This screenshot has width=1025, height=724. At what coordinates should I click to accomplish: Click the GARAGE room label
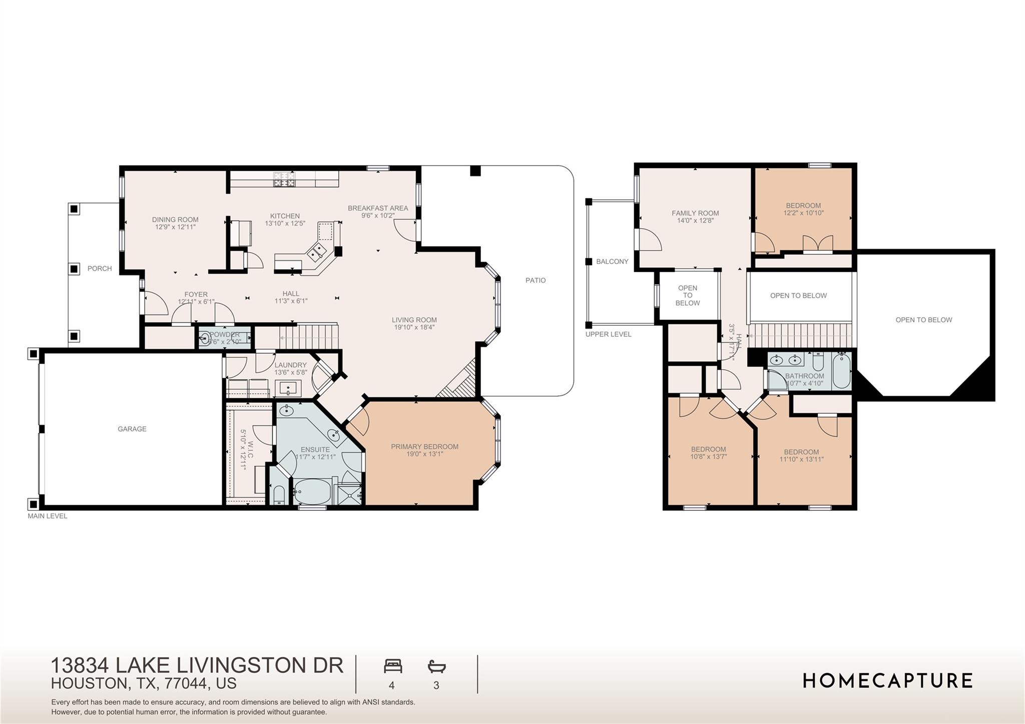[132, 429]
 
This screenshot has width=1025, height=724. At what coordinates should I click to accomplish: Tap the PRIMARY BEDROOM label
[424, 447]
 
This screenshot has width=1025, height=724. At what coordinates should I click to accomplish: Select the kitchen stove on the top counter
[284, 179]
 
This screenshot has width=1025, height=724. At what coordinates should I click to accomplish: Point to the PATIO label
[535, 280]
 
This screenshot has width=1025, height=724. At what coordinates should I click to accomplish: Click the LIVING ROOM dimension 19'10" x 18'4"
[414, 328]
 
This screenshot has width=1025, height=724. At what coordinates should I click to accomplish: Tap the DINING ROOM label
[175, 220]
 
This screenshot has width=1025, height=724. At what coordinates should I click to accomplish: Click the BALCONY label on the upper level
[612, 262]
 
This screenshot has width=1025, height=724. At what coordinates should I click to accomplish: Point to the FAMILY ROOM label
[695, 213]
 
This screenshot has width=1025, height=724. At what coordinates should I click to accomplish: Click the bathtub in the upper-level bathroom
[841, 371]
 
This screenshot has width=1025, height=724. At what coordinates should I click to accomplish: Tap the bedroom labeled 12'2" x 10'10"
[803, 209]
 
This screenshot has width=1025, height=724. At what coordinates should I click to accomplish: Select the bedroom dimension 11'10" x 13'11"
[801, 459]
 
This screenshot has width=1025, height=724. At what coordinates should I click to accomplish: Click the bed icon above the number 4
[393, 666]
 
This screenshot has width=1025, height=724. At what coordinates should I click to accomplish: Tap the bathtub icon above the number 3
[436, 666]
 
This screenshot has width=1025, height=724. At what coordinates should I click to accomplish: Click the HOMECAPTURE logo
[887, 680]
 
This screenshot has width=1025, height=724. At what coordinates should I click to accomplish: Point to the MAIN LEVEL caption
[48, 516]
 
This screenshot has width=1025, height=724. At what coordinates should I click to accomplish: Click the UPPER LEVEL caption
[608, 334]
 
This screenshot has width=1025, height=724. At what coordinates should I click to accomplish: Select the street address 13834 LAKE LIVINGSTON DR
[197, 665]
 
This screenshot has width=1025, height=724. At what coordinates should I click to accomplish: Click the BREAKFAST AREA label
[378, 208]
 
